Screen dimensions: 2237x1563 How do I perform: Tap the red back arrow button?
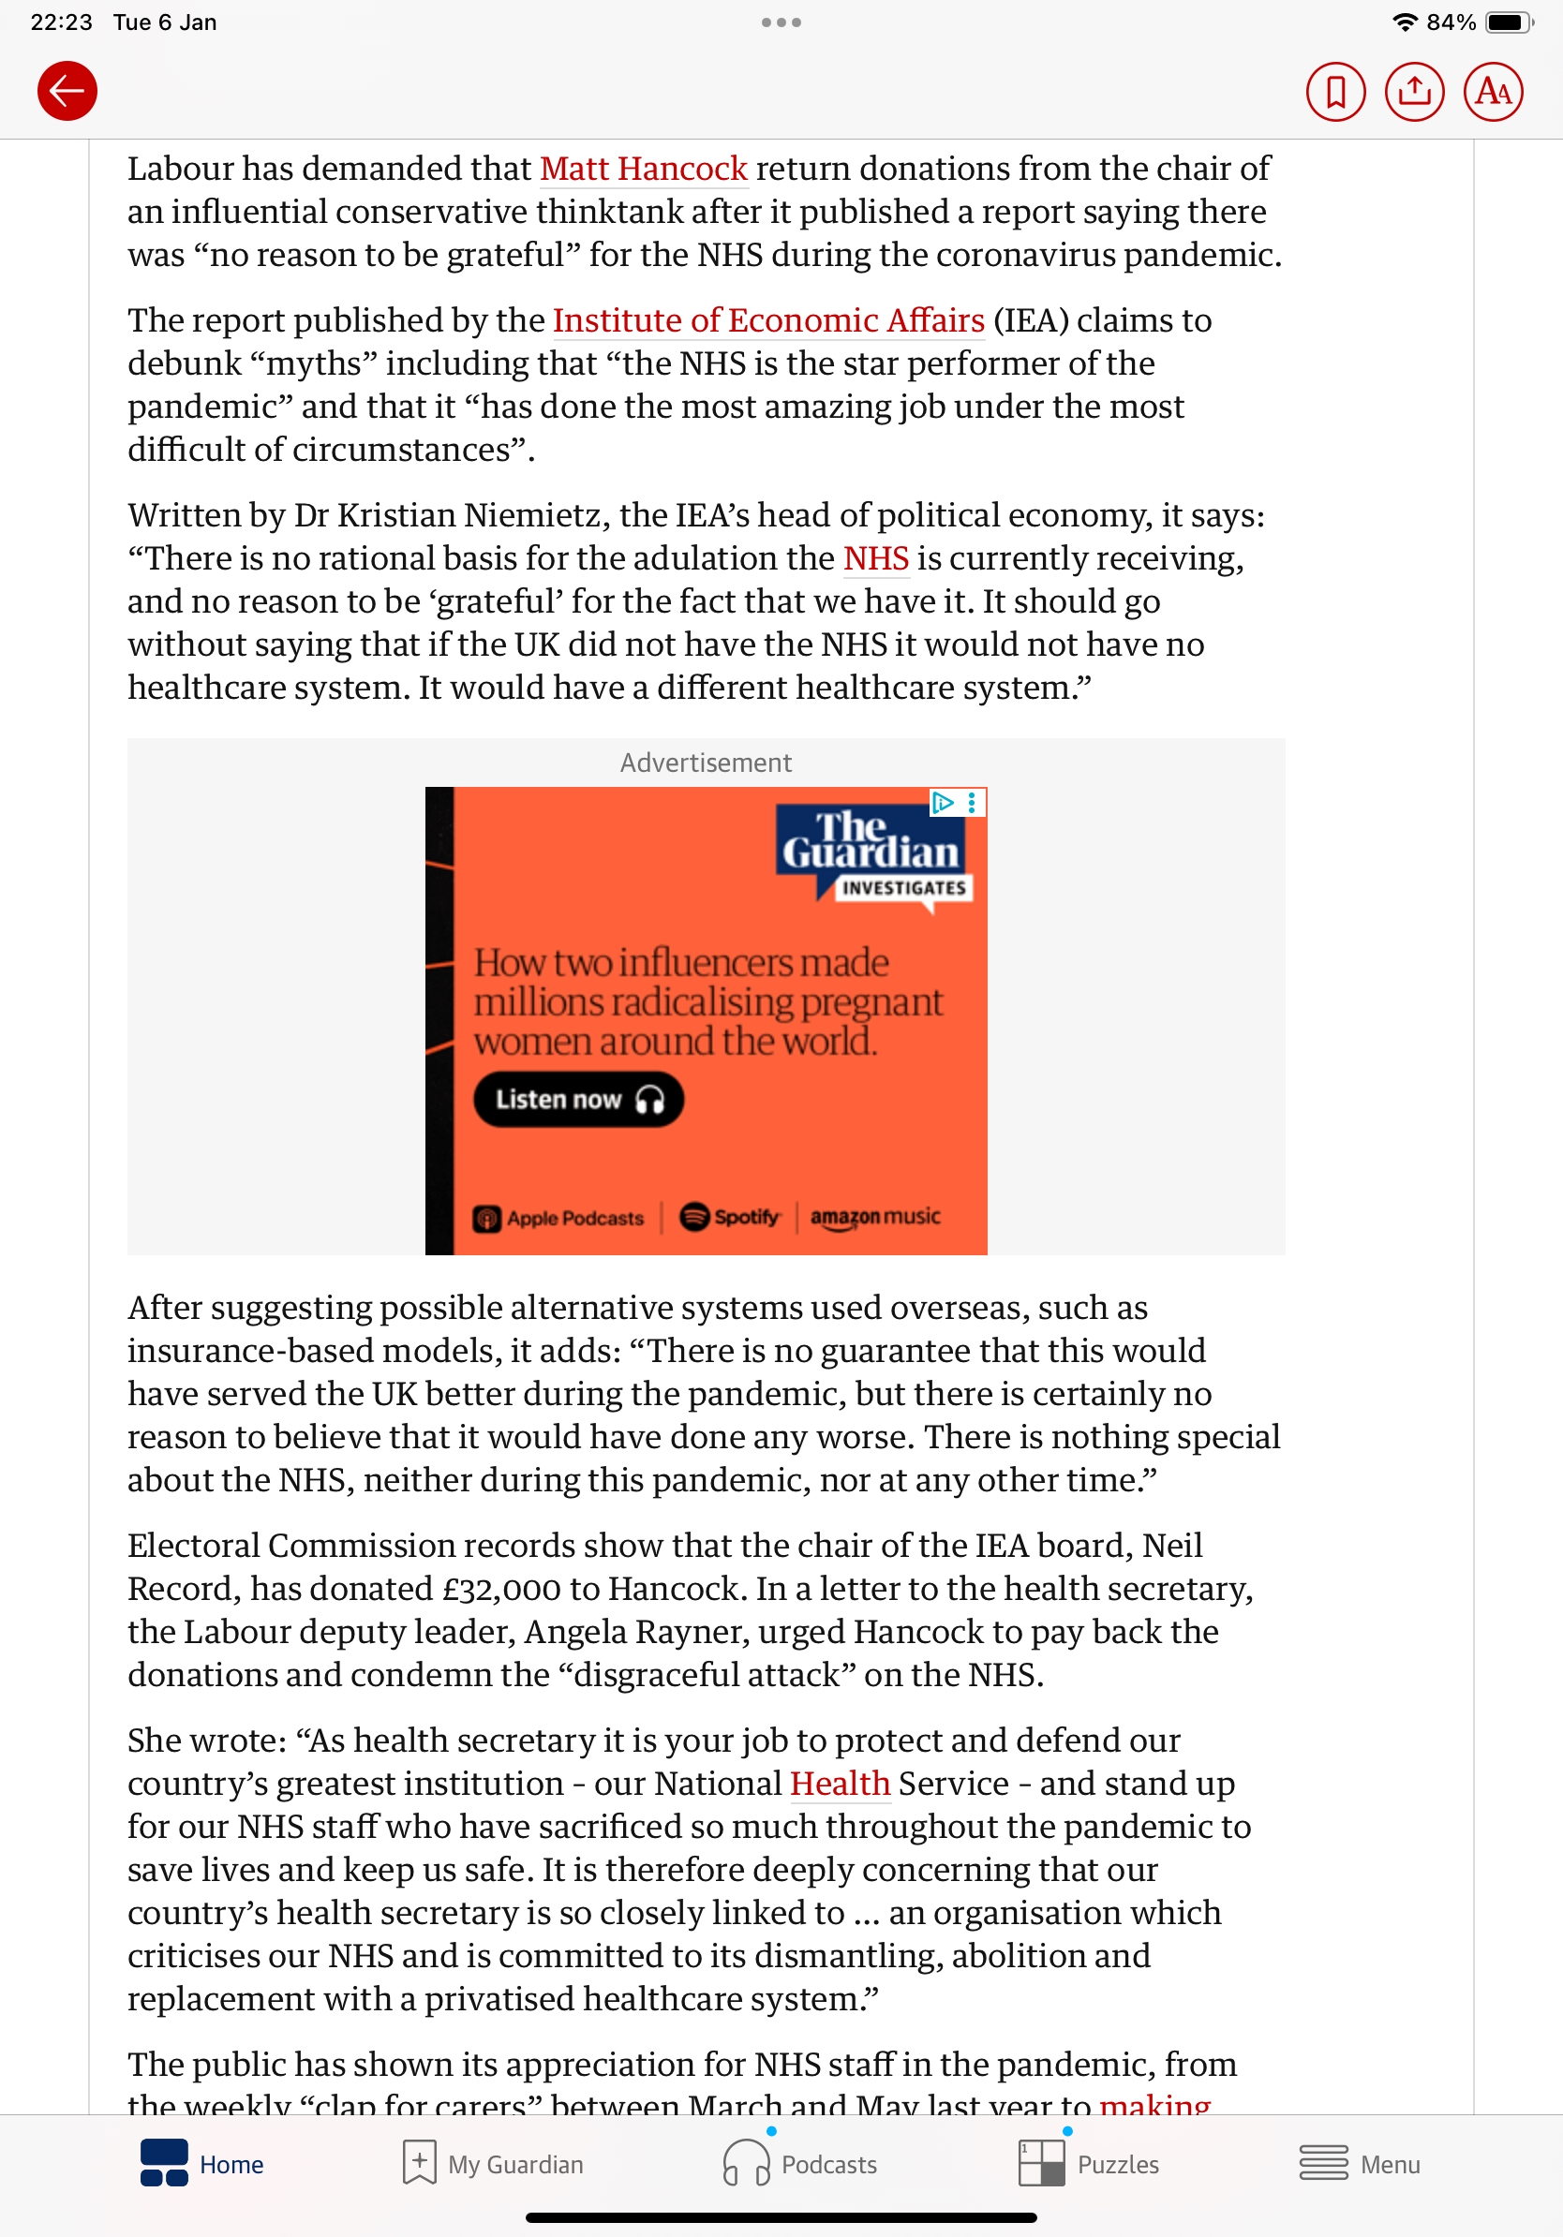point(67,92)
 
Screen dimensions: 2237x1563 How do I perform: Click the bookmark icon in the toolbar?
point(1335,92)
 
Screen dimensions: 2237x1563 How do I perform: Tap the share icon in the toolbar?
point(1414,92)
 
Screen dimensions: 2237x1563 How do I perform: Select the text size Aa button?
point(1493,92)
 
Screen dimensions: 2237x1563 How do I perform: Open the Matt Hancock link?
point(643,169)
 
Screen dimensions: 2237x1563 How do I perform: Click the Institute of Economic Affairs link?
point(767,320)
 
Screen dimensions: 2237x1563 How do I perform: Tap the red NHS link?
point(875,558)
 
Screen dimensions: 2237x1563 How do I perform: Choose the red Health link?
point(839,1783)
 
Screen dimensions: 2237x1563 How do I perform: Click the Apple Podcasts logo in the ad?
point(558,1218)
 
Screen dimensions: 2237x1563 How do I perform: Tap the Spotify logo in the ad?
point(730,1217)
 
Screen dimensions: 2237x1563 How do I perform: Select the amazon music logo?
point(875,1217)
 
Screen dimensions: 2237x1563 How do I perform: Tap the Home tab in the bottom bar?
point(202,2164)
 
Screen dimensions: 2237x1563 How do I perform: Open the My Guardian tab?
point(493,2164)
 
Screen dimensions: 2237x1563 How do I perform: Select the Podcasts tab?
point(800,2164)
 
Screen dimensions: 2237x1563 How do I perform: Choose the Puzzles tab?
point(1089,2164)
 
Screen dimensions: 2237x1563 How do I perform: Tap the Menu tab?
point(1360,2164)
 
